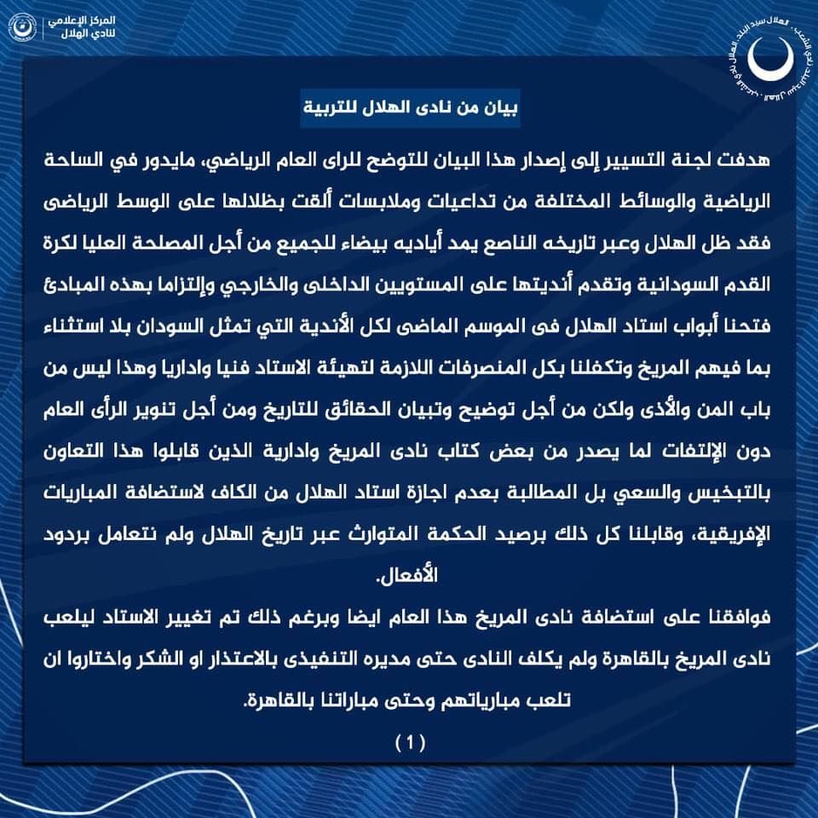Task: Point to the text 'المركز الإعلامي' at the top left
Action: click(91, 19)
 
